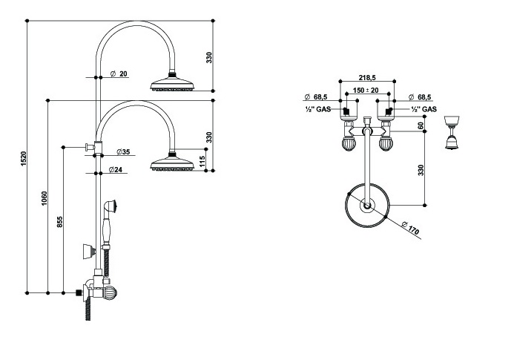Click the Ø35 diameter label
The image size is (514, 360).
[x=123, y=152]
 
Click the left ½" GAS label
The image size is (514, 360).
[x=318, y=110]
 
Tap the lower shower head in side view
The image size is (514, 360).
[x=172, y=164]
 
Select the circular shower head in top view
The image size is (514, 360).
[x=366, y=206]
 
